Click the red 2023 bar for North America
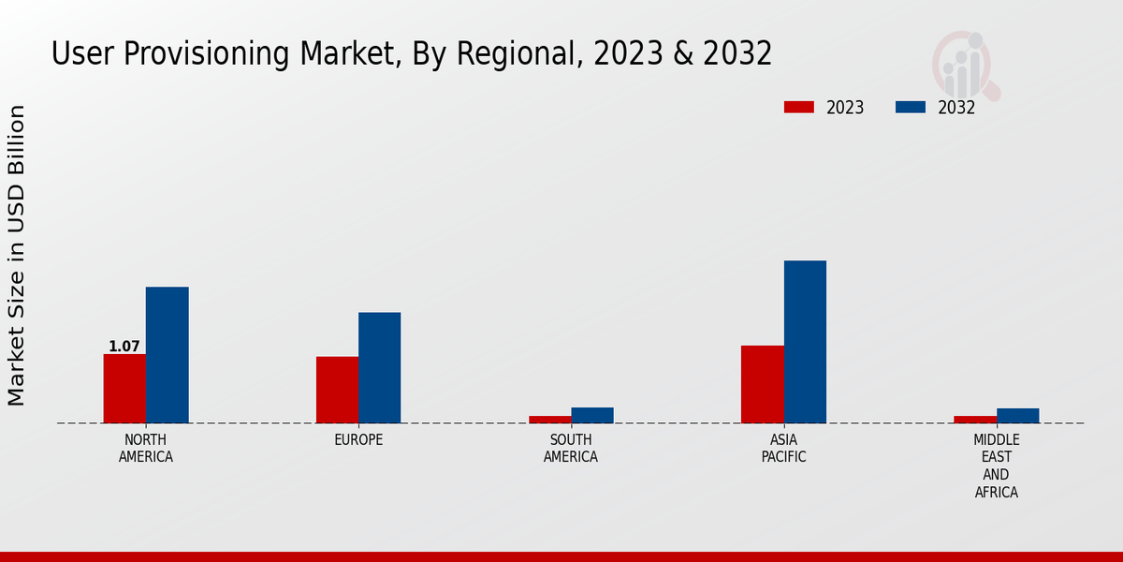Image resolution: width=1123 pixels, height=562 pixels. pyautogui.click(x=124, y=388)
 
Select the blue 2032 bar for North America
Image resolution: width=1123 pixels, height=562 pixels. pyautogui.click(x=167, y=354)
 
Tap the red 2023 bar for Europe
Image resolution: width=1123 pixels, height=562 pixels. pyautogui.click(x=337, y=390)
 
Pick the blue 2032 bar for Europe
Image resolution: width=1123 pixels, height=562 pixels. pyautogui.click(x=379, y=367)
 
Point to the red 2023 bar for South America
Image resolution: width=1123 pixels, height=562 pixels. pyautogui.click(x=550, y=419)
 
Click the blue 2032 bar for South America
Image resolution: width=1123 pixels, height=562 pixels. pyautogui.click(x=592, y=415)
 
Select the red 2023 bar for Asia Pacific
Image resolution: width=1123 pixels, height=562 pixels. pyautogui.click(x=763, y=384)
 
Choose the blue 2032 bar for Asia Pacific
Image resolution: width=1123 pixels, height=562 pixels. pyautogui.click(x=805, y=341)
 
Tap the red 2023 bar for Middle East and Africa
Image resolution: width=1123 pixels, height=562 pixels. pyautogui.click(x=975, y=419)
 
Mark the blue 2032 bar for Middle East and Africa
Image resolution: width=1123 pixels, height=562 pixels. pyautogui.click(x=1017, y=415)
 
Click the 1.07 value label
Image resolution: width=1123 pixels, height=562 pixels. pyautogui.click(x=124, y=347)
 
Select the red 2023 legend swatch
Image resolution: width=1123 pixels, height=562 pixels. pyautogui.click(x=799, y=108)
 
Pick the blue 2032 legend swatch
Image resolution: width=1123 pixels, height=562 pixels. pyautogui.click(x=911, y=108)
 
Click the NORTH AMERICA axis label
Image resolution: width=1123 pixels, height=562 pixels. pyautogui.click(x=146, y=449)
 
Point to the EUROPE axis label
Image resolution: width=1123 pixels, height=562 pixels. pyautogui.click(x=358, y=440)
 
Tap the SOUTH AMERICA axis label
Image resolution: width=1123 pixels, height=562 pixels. pyautogui.click(x=571, y=449)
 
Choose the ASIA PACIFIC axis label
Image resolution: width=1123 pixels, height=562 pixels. pyautogui.click(x=783, y=449)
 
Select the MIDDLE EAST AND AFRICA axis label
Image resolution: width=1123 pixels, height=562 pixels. pyautogui.click(x=997, y=466)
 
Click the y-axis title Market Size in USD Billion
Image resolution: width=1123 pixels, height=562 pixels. pyautogui.click(x=17, y=255)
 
